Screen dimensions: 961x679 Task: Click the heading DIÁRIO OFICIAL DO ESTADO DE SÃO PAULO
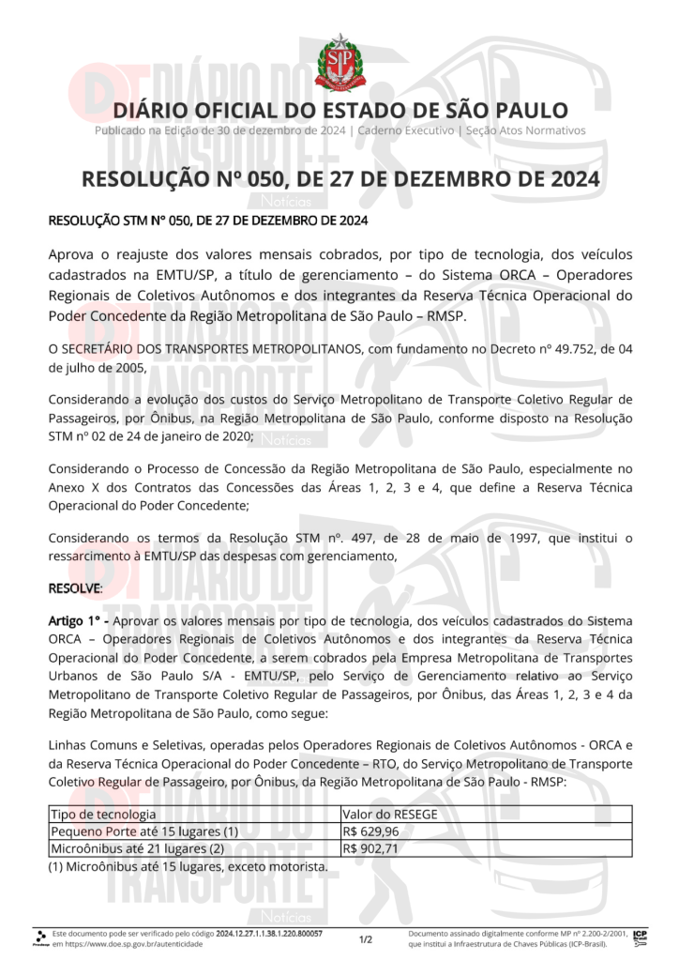(339, 110)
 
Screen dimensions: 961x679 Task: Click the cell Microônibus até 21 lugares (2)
(137, 848)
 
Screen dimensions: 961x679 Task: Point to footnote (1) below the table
(188, 866)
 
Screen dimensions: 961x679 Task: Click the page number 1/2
(366, 938)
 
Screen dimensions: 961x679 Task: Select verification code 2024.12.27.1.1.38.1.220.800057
(269, 934)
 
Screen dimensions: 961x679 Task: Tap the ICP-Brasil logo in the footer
(640, 938)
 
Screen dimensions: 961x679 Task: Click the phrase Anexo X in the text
(72, 488)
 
